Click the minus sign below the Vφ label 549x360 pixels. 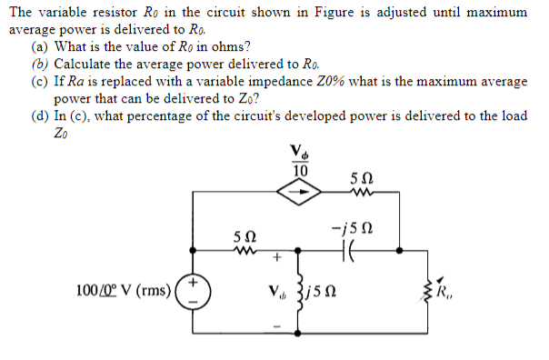click(273, 326)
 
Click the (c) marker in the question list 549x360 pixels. click(39, 81)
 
